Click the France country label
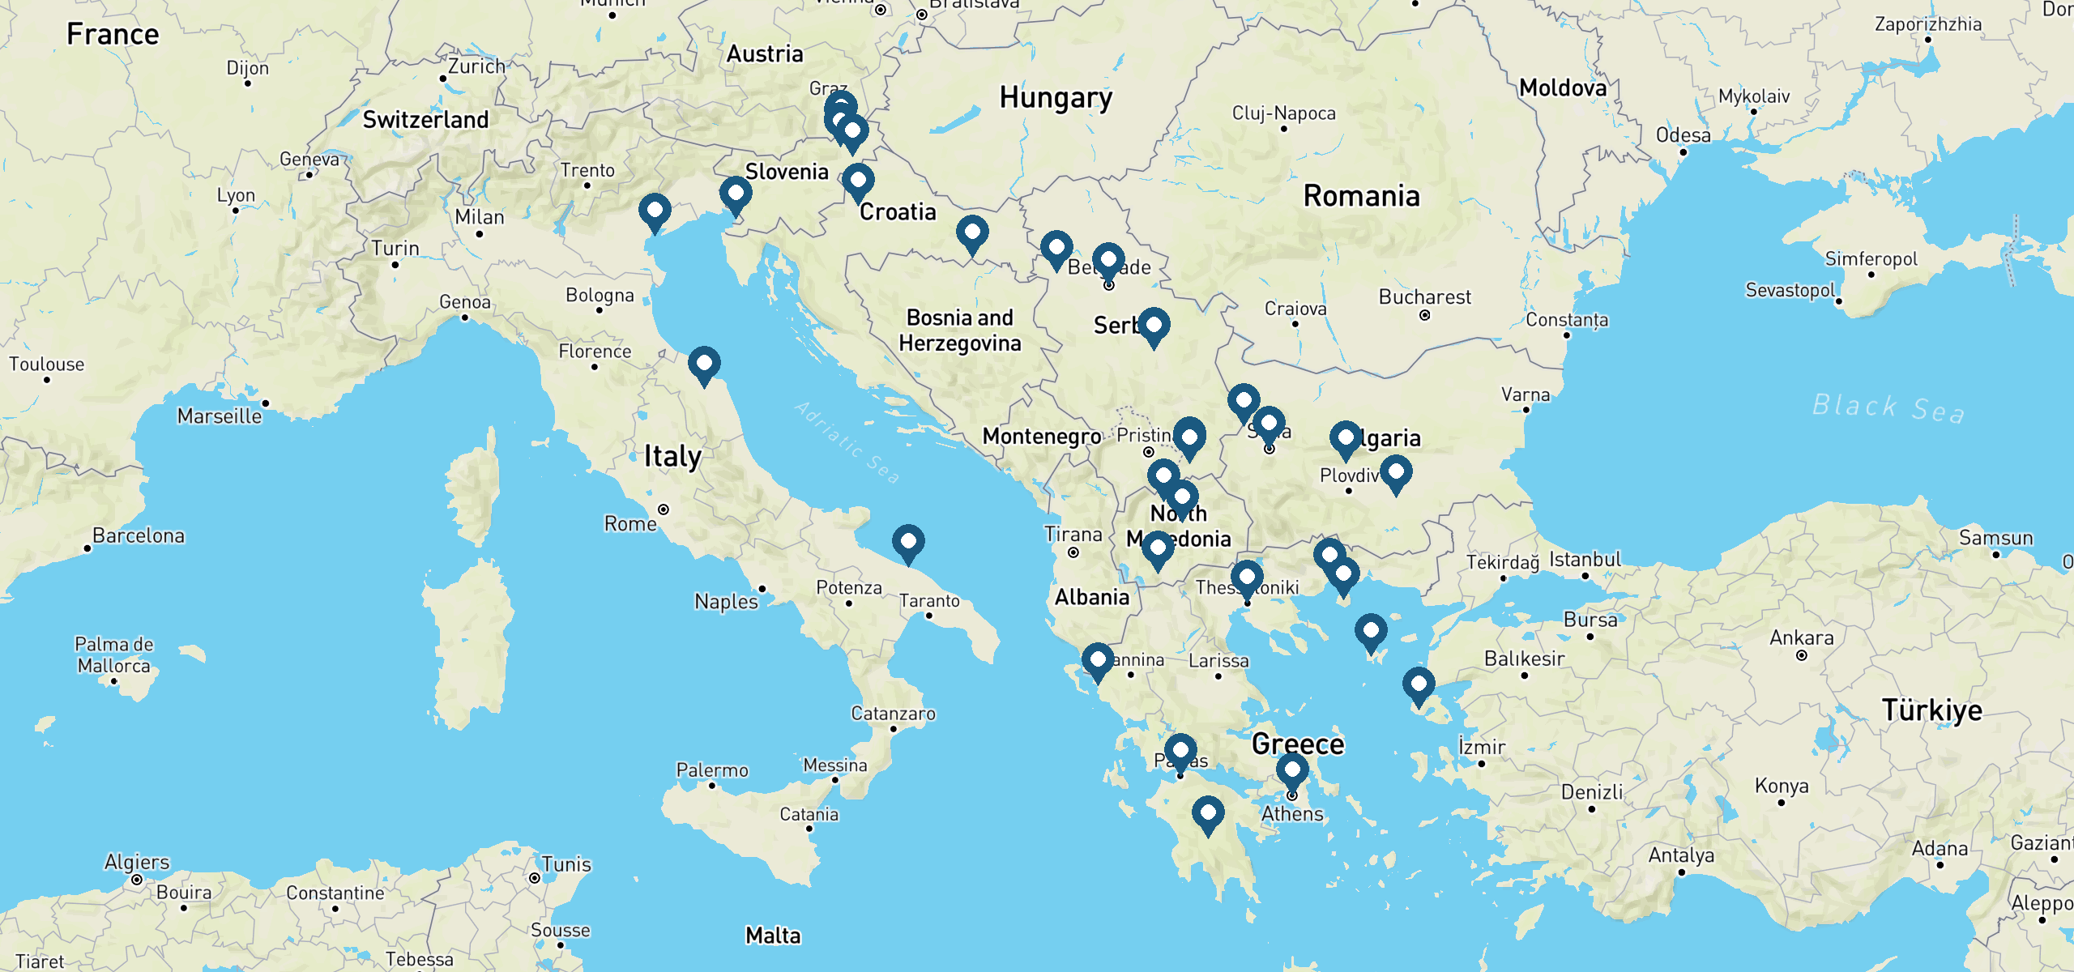pyautogui.click(x=113, y=35)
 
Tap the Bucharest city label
pyautogui.click(x=1424, y=297)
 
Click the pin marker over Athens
pyautogui.click(x=1291, y=771)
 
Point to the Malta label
pyautogui.click(x=773, y=936)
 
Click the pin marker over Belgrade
pyautogui.click(x=1108, y=261)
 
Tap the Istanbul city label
pyautogui.click(x=1585, y=560)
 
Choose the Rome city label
pyautogui.click(x=630, y=524)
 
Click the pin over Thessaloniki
pyautogui.click(x=1247, y=578)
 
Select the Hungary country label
pyautogui.click(x=1056, y=98)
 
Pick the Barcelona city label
pyautogui.click(x=138, y=536)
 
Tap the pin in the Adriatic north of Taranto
pyautogui.click(x=908, y=543)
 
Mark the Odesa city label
pyautogui.click(x=1683, y=135)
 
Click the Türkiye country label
pyautogui.click(x=1931, y=710)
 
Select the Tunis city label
pyautogui.click(x=565, y=864)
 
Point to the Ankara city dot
pyautogui.click(x=1801, y=655)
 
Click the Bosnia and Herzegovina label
pyautogui.click(x=959, y=330)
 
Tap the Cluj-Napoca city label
pyautogui.click(x=1283, y=113)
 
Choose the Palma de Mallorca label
pyautogui.click(x=113, y=655)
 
